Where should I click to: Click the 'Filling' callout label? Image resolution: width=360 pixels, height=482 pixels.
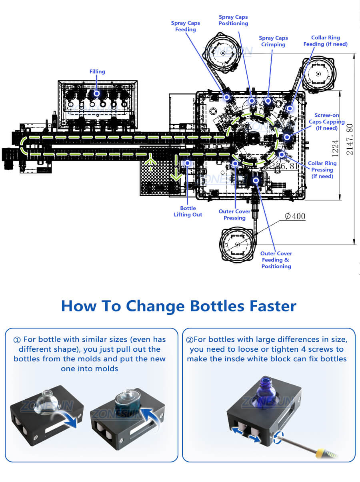point(97,72)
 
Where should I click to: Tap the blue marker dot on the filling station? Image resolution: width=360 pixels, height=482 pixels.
point(96,93)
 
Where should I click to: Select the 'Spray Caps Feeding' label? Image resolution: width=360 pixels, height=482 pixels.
point(185,26)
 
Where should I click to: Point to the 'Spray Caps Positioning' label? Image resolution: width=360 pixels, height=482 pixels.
point(233,20)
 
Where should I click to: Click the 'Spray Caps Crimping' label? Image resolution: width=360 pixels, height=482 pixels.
point(273,41)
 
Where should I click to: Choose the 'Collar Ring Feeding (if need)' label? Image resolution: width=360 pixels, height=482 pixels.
point(325,41)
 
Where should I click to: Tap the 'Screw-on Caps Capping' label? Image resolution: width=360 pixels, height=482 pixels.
point(326,121)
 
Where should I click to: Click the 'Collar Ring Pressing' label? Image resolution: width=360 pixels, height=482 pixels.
point(322,169)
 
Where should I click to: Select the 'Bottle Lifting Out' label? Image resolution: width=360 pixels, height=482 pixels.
point(188,211)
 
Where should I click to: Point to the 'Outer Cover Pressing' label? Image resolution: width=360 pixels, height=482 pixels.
point(234,215)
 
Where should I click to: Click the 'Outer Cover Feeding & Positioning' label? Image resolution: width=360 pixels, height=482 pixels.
point(276,260)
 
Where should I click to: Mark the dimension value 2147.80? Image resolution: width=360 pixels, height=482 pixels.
point(350,139)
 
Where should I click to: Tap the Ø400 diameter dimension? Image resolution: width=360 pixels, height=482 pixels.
point(295,216)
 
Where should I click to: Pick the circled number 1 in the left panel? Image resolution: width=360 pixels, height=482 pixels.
point(17,340)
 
